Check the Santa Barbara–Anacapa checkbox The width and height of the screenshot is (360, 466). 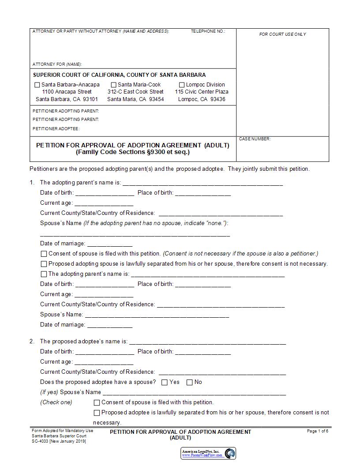pos(37,85)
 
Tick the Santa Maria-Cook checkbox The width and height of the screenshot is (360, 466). pos(113,85)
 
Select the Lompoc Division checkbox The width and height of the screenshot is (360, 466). pos(182,85)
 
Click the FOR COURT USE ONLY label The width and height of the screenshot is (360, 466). pos(282,34)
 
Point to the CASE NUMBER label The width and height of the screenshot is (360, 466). pos(255,139)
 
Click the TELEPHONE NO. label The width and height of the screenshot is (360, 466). pos(208,32)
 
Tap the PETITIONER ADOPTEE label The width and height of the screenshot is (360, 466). pos(56,129)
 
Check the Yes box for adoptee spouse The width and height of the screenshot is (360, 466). pos(165,383)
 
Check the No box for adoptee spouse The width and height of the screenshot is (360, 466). pos(190,383)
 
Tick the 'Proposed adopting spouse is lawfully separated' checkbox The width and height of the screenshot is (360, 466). pos(44,264)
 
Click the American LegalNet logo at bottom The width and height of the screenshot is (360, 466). pos(208,453)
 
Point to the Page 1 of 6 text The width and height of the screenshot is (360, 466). pos(317,431)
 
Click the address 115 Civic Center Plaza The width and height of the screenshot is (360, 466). pos(202,92)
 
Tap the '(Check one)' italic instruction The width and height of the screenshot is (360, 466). pos(56,402)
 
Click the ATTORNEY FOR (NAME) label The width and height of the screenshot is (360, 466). pos(57,64)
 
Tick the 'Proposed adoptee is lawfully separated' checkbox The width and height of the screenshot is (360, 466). pos(97,413)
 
